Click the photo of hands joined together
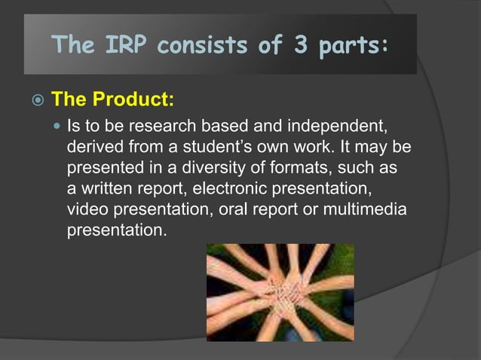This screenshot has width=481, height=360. tap(280, 292)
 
